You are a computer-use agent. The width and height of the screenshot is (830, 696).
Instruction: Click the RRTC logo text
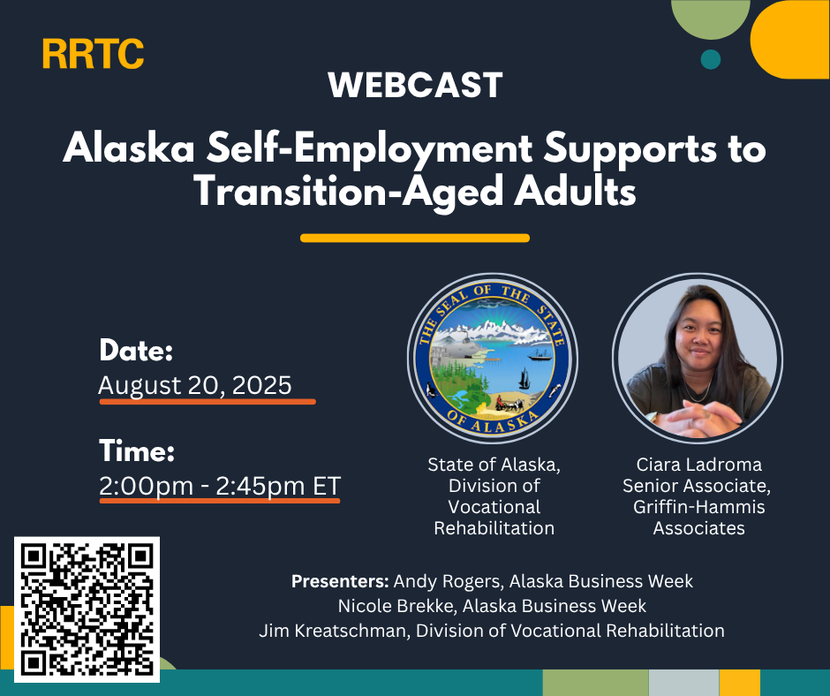pyautogui.click(x=94, y=54)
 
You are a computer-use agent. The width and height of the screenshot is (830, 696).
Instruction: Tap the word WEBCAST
pyautogui.click(x=415, y=85)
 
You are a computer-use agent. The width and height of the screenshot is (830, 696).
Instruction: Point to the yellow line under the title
pyautogui.click(x=415, y=238)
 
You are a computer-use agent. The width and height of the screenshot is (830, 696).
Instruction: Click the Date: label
pyautogui.click(x=136, y=350)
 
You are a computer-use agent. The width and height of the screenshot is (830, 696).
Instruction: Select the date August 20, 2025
pyautogui.click(x=195, y=385)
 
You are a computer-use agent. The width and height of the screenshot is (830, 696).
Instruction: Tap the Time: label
pyautogui.click(x=137, y=450)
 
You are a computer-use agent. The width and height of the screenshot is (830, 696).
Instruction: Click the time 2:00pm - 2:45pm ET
pyautogui.click(x=220, y=486)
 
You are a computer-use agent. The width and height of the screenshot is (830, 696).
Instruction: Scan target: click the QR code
pyautogui.click(x=87, y=609)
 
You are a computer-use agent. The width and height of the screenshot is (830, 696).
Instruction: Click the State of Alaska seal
pyautogui.click(x=493, y=358)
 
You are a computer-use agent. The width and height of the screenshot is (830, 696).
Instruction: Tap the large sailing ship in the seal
pyautogui.click(x=524, y=378)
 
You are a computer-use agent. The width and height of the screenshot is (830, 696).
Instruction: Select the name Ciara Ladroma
pyautogui.click(x=698, y=465)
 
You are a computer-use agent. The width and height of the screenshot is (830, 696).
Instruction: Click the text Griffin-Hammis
pyautogui.click(x=698, y=507)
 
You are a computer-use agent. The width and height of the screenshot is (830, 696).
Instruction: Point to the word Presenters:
pyautogui.click(x=340, y=581)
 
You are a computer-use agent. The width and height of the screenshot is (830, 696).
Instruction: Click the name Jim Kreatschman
pyautogui.click(x=332, y=631)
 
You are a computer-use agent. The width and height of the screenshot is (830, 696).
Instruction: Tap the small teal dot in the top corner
pyautogui.click(x=711, y=59)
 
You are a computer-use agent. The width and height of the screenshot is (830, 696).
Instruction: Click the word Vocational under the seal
pyautogui.click(x=494, y=507)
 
